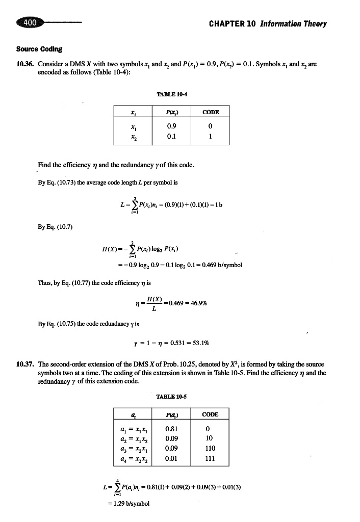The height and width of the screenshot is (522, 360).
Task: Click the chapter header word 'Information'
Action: pos(283,24)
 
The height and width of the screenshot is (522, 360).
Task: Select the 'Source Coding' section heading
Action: pos(39,49)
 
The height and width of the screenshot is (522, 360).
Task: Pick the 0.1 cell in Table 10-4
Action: pos(171,137)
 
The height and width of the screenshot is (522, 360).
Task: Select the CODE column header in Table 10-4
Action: pos(210,112)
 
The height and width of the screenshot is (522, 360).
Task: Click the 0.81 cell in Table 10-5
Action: pos(171,429)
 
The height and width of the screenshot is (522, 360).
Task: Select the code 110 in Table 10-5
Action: pos(210,449)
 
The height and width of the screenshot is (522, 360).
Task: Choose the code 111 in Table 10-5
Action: pos(210,459)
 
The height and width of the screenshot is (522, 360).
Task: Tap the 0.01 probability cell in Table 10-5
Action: pos(171,459)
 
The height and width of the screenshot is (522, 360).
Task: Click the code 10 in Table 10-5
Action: pos(210,438)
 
